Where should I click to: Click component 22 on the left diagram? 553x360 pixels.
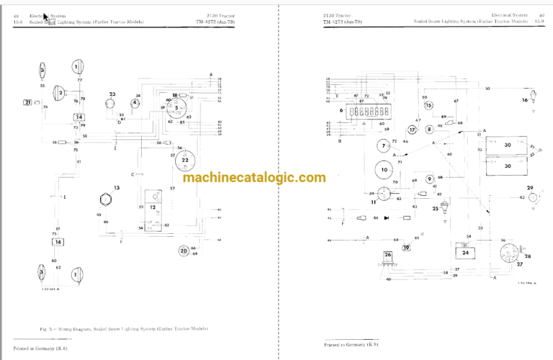[x=185, y=161]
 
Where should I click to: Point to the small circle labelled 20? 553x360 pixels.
[x=184, y=251]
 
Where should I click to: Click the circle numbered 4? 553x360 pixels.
[x=135, y=103]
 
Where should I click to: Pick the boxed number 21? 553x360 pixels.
[x=28, y=103]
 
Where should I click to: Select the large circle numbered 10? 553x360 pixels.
[x=385, y=171]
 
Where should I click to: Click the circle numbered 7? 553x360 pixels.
[x=383, y=146]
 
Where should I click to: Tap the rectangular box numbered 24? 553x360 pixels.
[x=466, y=252]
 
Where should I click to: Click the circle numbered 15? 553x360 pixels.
[x=428, y=106]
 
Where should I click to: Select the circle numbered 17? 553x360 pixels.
[x=413, y=130]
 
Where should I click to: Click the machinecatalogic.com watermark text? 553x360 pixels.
[x=254, y=178]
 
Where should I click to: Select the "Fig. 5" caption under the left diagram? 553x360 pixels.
[x=126, y=329]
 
